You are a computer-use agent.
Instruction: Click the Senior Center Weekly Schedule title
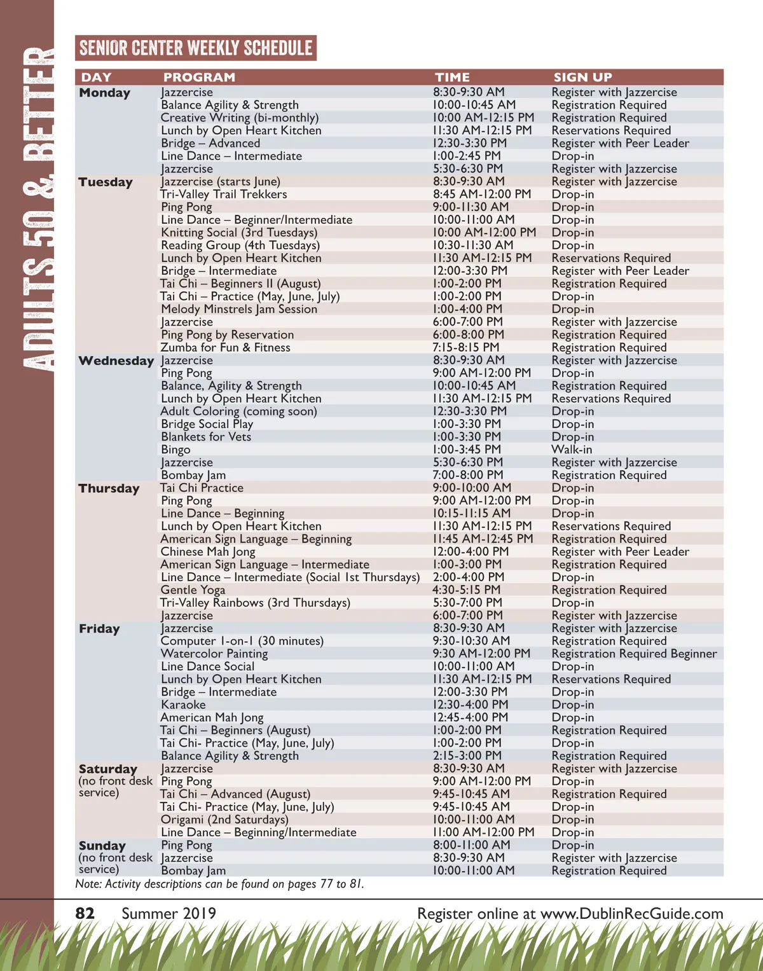[196, 48]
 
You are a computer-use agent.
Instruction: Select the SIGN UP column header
[582, 77]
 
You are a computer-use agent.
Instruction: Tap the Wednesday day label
[116, 361]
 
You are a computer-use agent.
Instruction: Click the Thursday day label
[109, 488]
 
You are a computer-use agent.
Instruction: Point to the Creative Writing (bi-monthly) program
[239, 118]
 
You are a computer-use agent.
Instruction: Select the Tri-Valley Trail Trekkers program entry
[223, 194]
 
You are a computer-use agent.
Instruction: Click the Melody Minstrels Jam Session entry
[238, 309]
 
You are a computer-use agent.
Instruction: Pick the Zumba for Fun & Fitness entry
[225, 347]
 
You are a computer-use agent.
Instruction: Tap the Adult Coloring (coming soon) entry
[238, 411]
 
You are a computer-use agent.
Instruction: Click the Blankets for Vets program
[205, 437]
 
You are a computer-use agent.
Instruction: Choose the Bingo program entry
[175, 450]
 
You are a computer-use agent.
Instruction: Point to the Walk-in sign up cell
[572, 450]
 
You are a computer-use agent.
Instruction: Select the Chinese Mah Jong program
[207, 551]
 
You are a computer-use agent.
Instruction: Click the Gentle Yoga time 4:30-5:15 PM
[466, 589]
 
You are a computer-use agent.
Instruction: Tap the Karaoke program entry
[183, 705]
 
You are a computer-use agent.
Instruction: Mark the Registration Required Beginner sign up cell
[634, 654]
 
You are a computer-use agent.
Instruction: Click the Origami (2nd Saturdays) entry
[224, 819]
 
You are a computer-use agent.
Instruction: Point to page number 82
[85, 914]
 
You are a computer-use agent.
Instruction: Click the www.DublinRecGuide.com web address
[631, 914]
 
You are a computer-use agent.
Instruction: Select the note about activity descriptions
[219, 884]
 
